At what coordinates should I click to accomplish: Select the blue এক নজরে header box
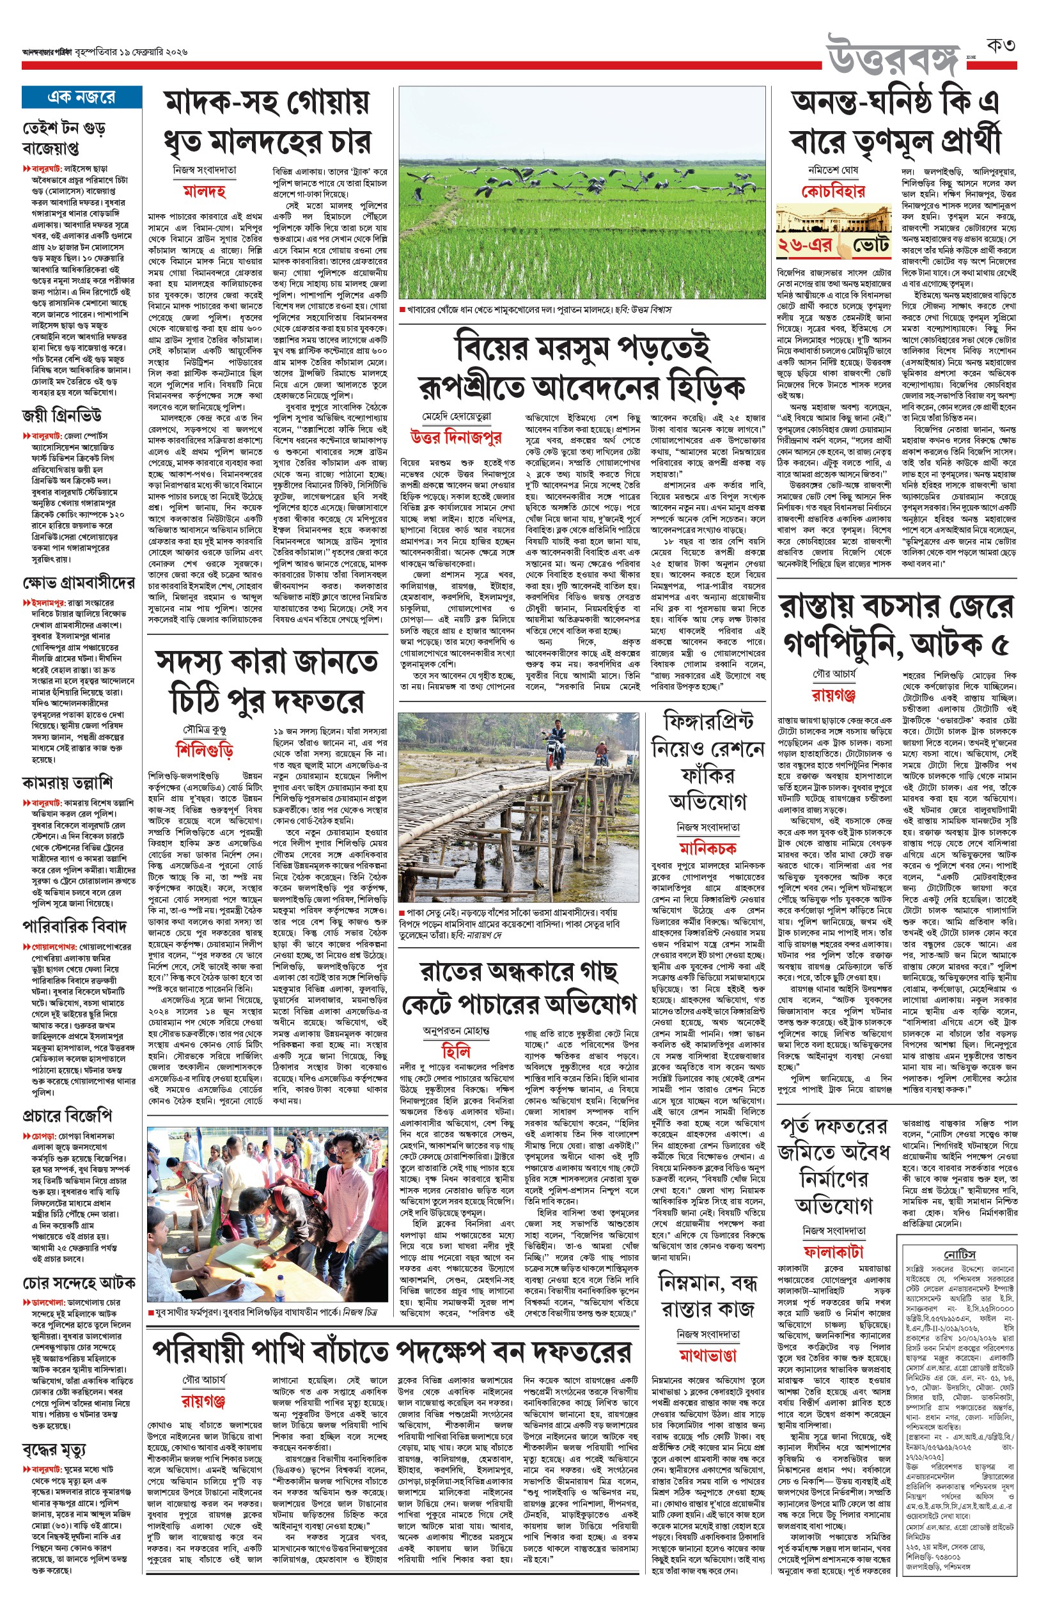point(82,97)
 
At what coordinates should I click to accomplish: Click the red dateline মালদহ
point(204,192)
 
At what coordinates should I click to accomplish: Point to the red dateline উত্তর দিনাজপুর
point(455,437)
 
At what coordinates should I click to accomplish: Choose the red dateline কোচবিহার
point(832,192)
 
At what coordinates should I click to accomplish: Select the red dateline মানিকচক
point(707,847)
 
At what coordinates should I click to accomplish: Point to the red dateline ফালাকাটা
point(833,1252)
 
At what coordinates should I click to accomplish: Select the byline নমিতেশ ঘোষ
point(832,170)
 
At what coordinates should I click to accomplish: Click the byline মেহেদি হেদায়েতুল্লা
point(456,416)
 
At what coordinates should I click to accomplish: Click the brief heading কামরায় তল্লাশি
point(68,783)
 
